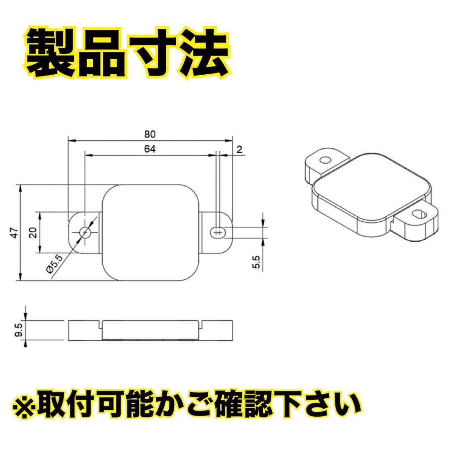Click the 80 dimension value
click(x=150, y=134)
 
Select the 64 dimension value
click(x=150, y=149)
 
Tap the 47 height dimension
click(x=14, y=233)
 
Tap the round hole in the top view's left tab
click(x=85, y=232)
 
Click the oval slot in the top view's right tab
click(x=218, y=232)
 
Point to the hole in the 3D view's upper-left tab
click(x=325, y=160)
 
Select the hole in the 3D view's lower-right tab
click(x=419, y=214)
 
